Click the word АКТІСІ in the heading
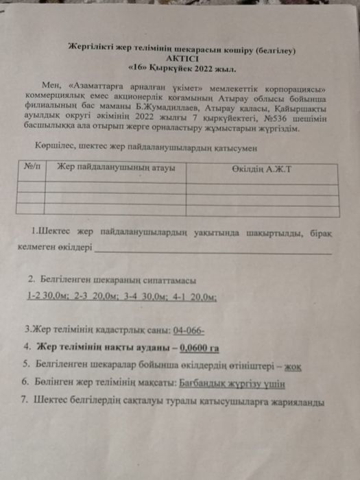181,59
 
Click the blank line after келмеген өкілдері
213,250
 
